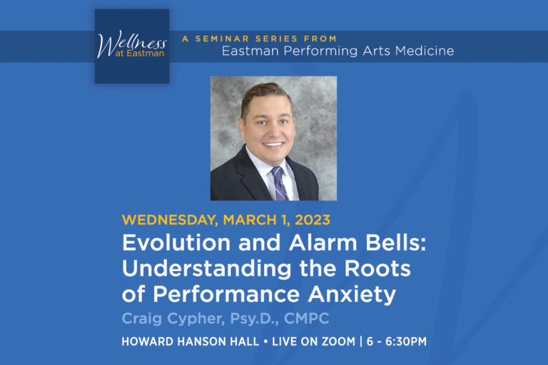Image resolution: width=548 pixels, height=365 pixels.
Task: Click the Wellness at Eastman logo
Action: (x=132, y=46)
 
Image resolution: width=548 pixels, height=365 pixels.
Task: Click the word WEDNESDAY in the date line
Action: (x=168, y=220)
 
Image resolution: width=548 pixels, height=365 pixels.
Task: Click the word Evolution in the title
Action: (x=166, y=242)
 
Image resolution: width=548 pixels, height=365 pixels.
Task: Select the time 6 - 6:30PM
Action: (x=396, y=341)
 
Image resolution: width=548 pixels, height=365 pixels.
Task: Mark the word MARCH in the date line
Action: (x=246, y=220)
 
